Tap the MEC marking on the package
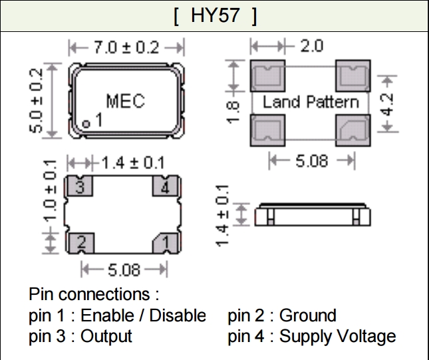point(125,102)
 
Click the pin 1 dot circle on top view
point(87,123)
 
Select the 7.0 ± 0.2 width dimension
point(126,47)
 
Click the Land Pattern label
point(311,102)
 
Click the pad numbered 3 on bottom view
point(79,186)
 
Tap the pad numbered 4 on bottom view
point(165,186)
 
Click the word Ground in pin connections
point(308,315)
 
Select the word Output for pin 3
point(106,336)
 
